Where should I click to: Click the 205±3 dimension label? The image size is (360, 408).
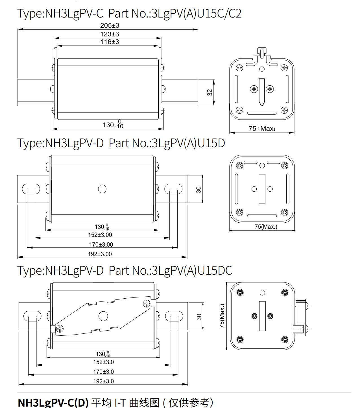tap(110, 26)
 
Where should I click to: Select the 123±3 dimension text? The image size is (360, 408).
tap(110, 34)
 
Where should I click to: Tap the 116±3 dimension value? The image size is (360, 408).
tap(110, 42)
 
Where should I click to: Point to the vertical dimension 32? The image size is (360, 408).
tap(210, 92)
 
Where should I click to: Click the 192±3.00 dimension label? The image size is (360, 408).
tap(100, 254)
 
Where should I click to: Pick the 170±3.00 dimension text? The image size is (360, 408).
tap(101, 244)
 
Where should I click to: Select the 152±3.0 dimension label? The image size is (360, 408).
tap(103, 362)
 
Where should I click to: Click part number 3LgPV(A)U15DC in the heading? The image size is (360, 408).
tap(192, 270)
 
